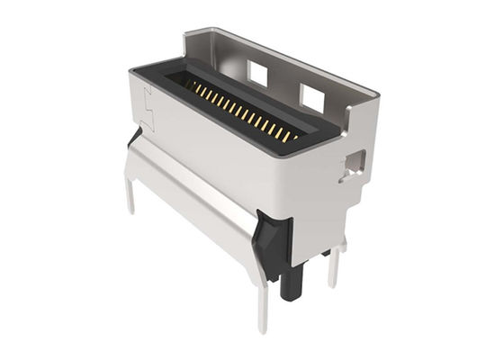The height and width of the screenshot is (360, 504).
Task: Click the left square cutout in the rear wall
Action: tap(258, 73)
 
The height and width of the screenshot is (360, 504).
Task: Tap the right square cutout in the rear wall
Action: tap(311, 97)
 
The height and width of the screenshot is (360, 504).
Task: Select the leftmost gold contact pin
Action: tap(191, 85)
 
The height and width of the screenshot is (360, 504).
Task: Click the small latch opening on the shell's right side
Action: tap(353, 163)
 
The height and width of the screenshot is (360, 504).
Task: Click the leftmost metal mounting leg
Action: tap(130, 193)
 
